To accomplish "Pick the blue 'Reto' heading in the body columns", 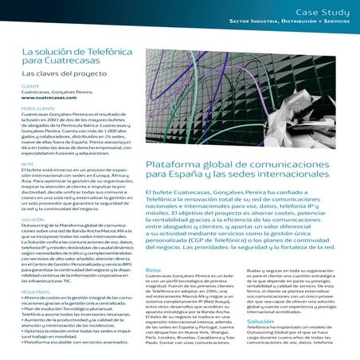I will pyautogui.click(x=154, y=270).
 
